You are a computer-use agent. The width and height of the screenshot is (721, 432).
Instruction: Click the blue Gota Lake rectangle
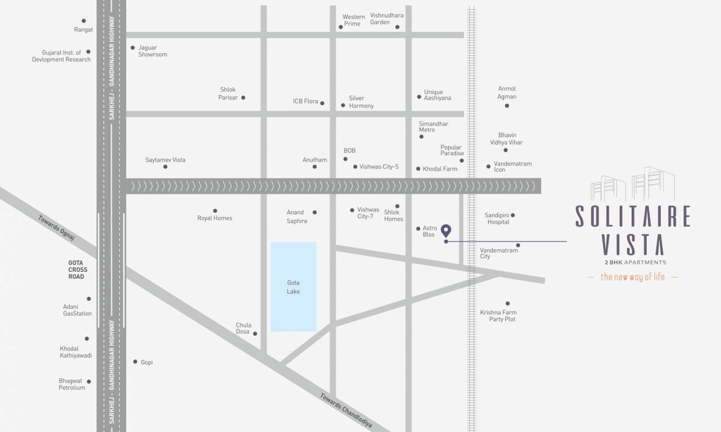[x=293, y=286]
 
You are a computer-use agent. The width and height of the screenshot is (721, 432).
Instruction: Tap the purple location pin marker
[x=446, y=230]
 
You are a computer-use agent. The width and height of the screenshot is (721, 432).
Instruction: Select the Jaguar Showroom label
[x=152, y=51]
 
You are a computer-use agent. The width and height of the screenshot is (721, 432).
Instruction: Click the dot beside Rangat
[x=84, y=21]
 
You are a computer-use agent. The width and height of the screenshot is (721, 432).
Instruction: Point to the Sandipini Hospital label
[x=498, y=218]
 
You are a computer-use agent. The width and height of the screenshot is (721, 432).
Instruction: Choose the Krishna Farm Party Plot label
[x=498, y=316]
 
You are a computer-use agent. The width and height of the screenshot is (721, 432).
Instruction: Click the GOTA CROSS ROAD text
[x=78, y=269]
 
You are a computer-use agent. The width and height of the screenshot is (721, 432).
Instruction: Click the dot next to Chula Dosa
[x=255, y=334]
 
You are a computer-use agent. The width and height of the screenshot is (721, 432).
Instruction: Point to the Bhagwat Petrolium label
[x=72, y=384]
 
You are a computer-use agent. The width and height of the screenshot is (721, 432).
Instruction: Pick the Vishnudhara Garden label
[x=386, y=19]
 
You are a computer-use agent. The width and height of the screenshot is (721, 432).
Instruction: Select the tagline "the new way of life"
[x=633, y=277]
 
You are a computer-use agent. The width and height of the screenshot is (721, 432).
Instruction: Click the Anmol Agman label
[x=507, y=92]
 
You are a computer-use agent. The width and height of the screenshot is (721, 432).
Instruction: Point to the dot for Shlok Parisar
[x=243, y=97]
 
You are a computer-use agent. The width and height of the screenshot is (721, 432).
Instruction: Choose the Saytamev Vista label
[x=165, y=160]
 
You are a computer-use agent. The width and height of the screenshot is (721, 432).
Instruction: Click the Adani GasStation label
[x=77, y=310]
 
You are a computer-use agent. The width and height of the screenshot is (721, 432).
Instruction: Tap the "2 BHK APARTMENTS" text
[x=633, y=262]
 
